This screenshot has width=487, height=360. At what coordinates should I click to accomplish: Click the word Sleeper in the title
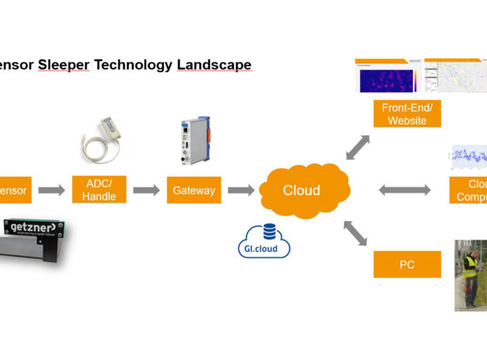coord(64,64)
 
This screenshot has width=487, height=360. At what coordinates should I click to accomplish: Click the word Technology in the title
coord(133,64)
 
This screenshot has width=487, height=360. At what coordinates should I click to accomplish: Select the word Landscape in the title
coord(213,64)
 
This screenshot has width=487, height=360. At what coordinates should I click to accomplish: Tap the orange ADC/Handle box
coord(99,190)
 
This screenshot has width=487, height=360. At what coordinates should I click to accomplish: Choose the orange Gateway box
coord(193,190)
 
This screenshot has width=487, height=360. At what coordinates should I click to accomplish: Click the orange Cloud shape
coord(301,190)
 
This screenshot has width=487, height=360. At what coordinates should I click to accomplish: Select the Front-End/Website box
coord(408,114)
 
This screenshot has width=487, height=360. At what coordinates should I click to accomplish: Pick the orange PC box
coord(407,264)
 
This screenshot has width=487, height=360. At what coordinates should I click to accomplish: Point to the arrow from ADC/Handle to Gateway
coord(146,190)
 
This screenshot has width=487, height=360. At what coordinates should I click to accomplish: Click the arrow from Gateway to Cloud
coord(240,190)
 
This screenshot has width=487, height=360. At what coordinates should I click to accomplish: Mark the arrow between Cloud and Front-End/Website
coord(357,147)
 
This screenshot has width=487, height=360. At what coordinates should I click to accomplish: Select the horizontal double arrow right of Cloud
coord(404,190)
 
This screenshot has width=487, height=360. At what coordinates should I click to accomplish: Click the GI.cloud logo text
coord(264,249)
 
